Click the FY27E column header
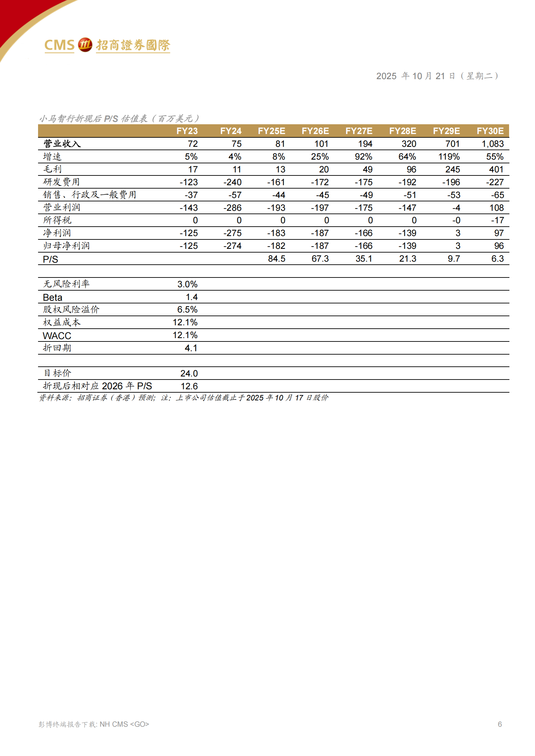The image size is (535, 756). tap(359, 131)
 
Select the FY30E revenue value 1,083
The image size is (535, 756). tap(492, 144)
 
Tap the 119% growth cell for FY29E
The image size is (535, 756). tap(449, 157)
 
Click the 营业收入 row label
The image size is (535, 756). tap(62, 144)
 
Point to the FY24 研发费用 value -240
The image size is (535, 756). tap(232, 182)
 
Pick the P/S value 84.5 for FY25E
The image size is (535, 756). tap(276, 259)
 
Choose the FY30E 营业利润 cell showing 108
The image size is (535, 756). tap(496, 208)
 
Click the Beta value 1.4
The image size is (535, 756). tap(192, 297)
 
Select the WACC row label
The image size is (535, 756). tap(57, 335)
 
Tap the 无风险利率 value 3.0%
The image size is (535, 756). tap(187, 284)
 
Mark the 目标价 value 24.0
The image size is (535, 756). tap(189, 373)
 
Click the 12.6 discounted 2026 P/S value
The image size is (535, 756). tap(189, 386)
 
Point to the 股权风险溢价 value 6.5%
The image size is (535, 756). tap(187, 309)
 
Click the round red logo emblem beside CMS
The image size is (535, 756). tap(85, 45)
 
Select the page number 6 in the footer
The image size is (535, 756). tap(500, 724)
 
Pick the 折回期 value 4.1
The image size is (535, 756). tap(191, 348)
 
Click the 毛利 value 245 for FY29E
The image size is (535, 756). tap(452, 169)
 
